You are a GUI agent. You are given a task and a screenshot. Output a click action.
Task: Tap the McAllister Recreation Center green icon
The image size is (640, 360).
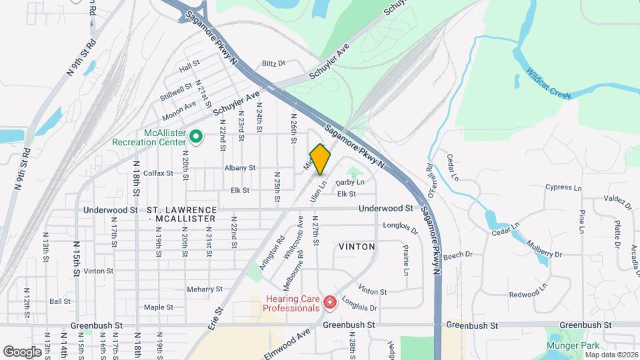pyautogui.click(x=196, y=137)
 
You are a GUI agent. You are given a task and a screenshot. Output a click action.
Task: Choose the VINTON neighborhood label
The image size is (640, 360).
pyautogui.click(x=357, y=247)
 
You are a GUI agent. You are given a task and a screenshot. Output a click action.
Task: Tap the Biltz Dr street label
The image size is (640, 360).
pyautogui.click(x=273, y=63)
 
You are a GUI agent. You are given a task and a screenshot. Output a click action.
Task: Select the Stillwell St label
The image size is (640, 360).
pyautogui.click(x=176, y=91)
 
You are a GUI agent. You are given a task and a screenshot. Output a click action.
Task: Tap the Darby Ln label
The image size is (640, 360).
pyautogui.click(x=350, y=182)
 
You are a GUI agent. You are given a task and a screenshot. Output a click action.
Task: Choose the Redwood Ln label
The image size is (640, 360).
pyautogui.click(x=528, y=294)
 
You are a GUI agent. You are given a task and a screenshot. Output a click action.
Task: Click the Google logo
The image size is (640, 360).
pyautogui.click(x=22, y=351)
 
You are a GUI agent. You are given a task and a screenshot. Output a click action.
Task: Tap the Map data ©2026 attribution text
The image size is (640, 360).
pyautogui.click(x=611, y=355)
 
